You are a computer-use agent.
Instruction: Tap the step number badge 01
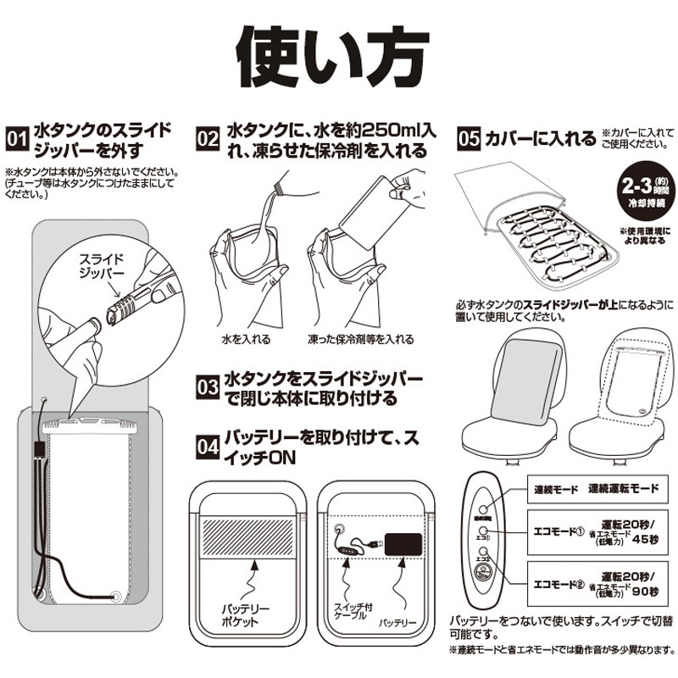click(x=16, y=138)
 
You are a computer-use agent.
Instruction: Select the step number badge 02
click(x=208, y=138)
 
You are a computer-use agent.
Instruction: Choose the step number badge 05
click(x=468, y=138)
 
